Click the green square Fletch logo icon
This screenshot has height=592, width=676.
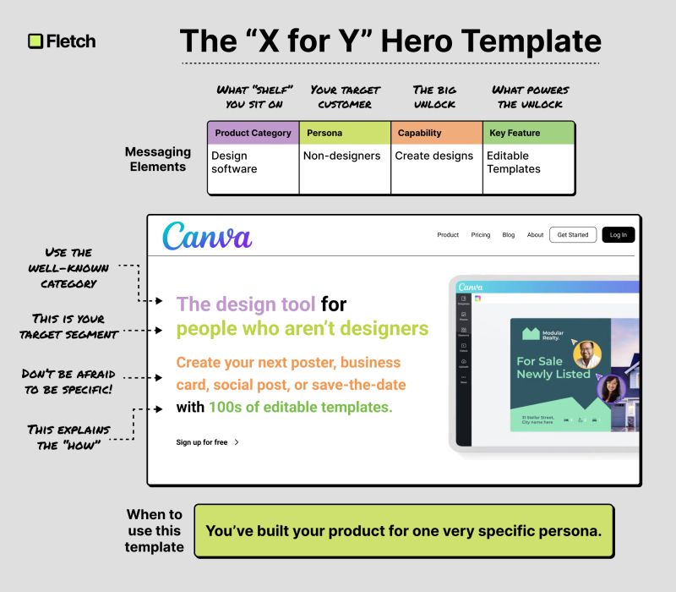pyautogui.click(x=35, y=41)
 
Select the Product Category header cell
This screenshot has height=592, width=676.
pyautogui.click(x=253, y=133)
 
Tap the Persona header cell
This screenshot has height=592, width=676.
pyautogui.click(x=344, y=133)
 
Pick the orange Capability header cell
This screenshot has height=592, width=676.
pyautogui.click(x=436, y=133)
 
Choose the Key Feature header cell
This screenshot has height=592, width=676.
pyautogui.click(x=528, y=133)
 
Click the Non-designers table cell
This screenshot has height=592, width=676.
pyautogui.click(x=342, y=156)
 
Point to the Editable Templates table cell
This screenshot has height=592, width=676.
pyautogui.click(x=513, y=162)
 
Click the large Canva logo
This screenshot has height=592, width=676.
pyautogui.click(x=207, y=235)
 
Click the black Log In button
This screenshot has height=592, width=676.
pyautogui.click(x=618, y=234)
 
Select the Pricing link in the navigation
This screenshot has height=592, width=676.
pyautogui.click(x=480, y=235)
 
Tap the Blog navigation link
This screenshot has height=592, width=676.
pyautogui.click(x=508, y=235)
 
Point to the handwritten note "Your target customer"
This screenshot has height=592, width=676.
pyautogui.click(x=345, y=96)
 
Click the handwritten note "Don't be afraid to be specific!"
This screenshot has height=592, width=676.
pyautogui.click(x=70, y=381)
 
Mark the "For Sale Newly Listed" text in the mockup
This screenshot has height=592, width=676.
pyautogui.click(x=553, y=367)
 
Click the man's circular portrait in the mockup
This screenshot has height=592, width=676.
pyautogui.click(x=586, y=354)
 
